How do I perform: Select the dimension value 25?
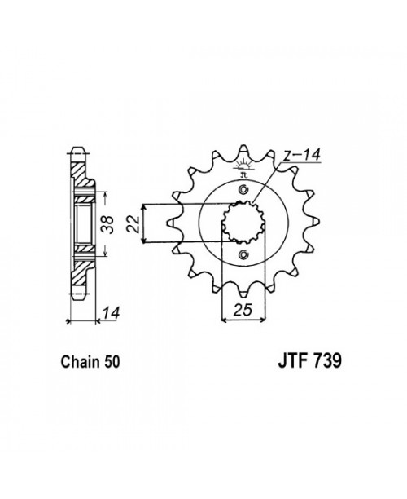coord(241,307)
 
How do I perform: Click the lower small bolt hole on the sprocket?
coord(243,258)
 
